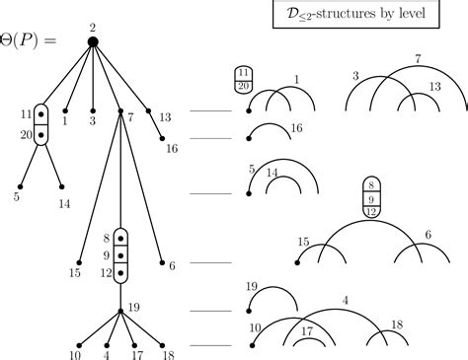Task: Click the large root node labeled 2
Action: [x=92, y=41]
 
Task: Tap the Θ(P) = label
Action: [x=35, y=41]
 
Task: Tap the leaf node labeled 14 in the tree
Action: [x=62, y=186]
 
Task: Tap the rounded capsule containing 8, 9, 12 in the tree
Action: [x=120, y=254]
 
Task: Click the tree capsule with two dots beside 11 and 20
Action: [x=40, y=124]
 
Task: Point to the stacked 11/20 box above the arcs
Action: [x=242, y=80]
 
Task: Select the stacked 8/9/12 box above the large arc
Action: [x=370, y=197]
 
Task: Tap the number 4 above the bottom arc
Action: [x=345, y=299]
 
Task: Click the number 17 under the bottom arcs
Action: [x=308, y=331]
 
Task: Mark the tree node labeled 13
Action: [x=149, y=111]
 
